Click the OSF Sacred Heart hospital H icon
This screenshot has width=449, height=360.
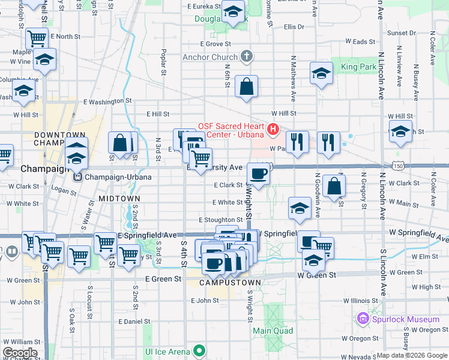tap(274, 129)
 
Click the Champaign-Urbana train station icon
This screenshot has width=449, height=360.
tap(77, 178)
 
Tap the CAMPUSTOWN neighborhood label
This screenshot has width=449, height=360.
tap(230, 282)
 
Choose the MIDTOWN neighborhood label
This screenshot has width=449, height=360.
tap(119, 199)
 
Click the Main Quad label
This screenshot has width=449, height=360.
tap(273, 331)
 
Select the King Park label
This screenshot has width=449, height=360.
tap(358, 67)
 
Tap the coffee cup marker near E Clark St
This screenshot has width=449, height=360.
tap(258, 173)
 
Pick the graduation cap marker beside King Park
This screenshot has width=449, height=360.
tap(321, 73)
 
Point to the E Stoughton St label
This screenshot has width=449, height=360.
tap(220, 220)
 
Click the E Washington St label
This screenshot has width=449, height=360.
tap(107, 101)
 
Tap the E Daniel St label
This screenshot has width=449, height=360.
tap(134, 322)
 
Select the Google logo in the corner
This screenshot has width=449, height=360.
tap(20, 353)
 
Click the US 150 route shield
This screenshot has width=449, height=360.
tap(397, 165)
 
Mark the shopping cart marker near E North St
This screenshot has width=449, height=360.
tap(37, 38)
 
